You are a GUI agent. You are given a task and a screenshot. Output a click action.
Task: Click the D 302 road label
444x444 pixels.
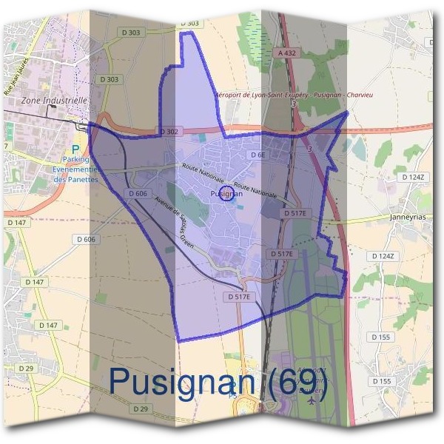pos(169,131)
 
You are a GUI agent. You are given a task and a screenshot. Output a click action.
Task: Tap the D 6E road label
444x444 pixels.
pos(258,155)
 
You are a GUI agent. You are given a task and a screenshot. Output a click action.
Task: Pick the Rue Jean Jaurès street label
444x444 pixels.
pos(19,76)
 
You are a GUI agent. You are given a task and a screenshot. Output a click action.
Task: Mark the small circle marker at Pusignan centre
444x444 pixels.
pos(227,195)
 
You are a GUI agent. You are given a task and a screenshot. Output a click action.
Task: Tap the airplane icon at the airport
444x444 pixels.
pos(311,400)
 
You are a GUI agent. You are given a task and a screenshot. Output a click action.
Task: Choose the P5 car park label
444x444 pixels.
pos(232,395)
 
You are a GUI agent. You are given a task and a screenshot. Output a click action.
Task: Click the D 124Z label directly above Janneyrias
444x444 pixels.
pos(414,178)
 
